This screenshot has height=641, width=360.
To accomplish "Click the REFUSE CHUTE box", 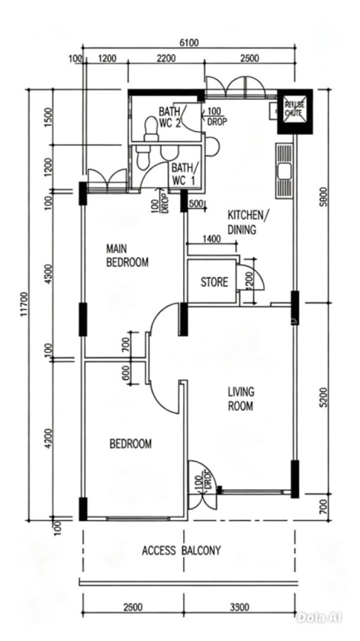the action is point(295,111).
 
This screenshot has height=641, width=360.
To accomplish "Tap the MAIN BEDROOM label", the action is point(127,256).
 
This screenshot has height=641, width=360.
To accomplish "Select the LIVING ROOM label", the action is point(241,399).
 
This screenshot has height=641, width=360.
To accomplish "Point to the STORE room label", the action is point(214,282).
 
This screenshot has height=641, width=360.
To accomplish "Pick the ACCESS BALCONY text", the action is point(181,551).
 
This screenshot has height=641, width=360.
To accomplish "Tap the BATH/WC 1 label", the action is point(184,174).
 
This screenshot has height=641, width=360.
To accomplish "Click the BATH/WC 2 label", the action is point(172,117).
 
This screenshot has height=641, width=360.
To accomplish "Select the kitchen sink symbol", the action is point(284,171).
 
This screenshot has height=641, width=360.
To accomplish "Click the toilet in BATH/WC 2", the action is point(152,129).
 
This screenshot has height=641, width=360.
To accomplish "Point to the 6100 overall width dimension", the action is point(188,43).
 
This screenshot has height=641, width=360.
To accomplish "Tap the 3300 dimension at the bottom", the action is point(240,608).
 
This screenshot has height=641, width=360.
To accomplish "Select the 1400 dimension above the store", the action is point(211,238).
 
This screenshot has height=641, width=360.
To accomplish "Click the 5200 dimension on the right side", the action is point(325,397).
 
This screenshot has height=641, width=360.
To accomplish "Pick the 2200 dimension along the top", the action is point(167,58).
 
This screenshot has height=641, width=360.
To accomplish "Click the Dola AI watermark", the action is point(319,617).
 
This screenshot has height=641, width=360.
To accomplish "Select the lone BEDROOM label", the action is point(130,444).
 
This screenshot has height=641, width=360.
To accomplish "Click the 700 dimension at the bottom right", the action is point(325,506).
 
